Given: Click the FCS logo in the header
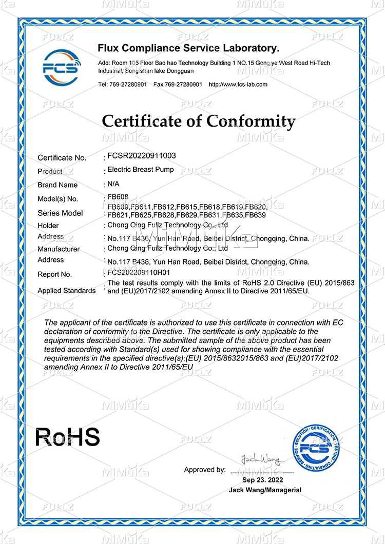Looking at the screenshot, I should click(x=61, y=67).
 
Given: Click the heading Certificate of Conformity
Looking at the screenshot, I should click(x=199, y=122).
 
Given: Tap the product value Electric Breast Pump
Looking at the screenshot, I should click(x=140, y=169).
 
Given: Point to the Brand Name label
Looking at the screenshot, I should click(x=57, y=185).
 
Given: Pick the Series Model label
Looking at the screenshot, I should click(x=60, y=213).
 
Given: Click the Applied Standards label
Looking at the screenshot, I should click(x=67, y=291).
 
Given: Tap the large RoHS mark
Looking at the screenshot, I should click(x=67, y=437).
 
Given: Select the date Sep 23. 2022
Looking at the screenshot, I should click(x=263, y=480).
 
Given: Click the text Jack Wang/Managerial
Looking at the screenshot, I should click(x=265, y=490).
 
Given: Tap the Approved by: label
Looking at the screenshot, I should click(x=204, y=470).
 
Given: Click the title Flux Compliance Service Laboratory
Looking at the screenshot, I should click(x=188, y=48).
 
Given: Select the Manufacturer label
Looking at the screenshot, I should click(x=59, y=249).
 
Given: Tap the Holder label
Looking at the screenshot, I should click(x=49, y=226).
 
